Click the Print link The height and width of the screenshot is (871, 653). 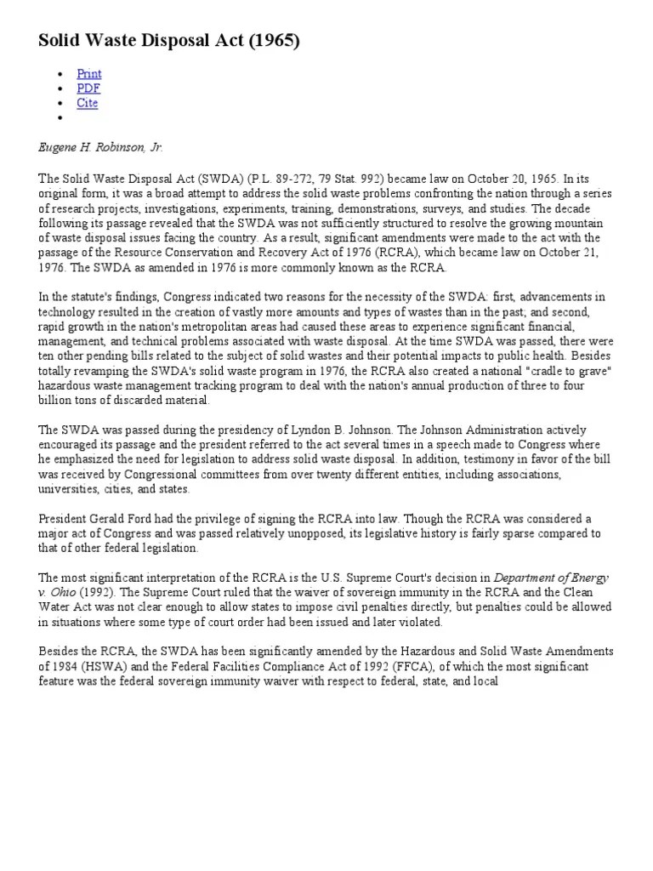click(88, 74)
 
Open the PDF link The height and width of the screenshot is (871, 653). click(88, 88)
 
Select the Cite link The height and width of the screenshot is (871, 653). click(88, 103)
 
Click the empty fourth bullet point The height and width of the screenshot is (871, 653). click(60, 117)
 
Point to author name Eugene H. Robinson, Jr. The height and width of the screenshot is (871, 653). click(100, 147)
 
